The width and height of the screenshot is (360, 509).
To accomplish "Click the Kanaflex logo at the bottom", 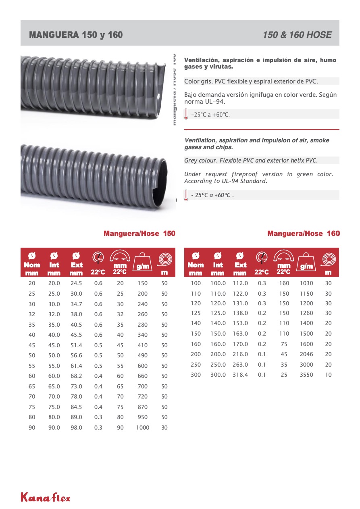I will tap(46, 497).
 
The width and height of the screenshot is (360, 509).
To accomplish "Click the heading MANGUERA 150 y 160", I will tap(76, 35).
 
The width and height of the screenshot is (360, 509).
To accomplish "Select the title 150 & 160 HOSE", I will tap(297, 35).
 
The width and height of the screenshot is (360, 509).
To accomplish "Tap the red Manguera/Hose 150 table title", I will tap(139, 234).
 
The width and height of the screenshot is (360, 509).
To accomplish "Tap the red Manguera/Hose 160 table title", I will tap(304, 234).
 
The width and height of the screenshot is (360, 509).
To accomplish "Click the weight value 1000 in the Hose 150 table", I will tap(142, 428).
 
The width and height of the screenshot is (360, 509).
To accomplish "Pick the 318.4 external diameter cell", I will tap(240, 375).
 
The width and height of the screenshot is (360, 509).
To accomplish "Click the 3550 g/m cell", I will tap(306, 375).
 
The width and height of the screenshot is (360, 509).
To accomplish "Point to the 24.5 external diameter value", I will tap(76, 283).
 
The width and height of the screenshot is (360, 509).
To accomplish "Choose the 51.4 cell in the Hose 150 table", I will tap(76, 345).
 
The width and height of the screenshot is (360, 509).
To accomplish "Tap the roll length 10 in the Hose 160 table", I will tap(328, 375).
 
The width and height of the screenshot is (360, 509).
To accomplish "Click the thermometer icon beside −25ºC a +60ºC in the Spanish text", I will tap(186, 114).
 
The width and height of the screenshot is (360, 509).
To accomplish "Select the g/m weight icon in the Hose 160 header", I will tap(307, 263).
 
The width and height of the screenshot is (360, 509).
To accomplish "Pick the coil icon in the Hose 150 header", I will tap(164, 259).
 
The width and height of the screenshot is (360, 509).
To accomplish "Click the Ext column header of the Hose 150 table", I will tap(76, 265).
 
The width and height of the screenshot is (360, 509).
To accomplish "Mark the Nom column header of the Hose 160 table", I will tap(196, 265).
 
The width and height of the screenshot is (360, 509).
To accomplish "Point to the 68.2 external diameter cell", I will tap(76, 376).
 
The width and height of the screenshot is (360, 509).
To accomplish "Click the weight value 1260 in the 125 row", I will tap(306, 313).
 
